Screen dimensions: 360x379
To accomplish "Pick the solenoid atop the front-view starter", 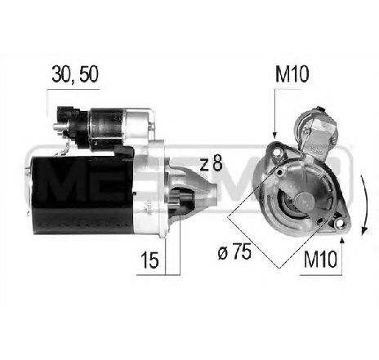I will coord(318,131).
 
